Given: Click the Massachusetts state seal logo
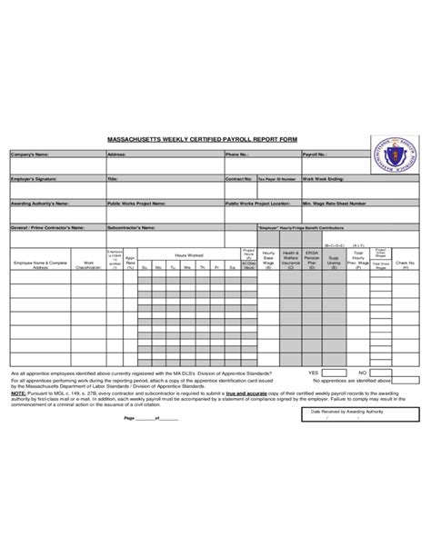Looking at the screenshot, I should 394,150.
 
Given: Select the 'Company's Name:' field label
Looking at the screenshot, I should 29,155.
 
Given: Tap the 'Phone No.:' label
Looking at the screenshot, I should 237,155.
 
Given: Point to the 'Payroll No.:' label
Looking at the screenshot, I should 316,155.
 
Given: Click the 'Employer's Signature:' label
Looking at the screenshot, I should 34,179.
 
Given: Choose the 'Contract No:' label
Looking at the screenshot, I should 238,179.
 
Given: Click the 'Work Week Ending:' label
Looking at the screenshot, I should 326,179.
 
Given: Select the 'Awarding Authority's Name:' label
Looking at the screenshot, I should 39,204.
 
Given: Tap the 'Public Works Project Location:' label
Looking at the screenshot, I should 257,204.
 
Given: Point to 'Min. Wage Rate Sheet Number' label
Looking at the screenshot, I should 335,204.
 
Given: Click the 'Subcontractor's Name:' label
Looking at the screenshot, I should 131,227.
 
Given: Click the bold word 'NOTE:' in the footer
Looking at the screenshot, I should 18,393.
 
